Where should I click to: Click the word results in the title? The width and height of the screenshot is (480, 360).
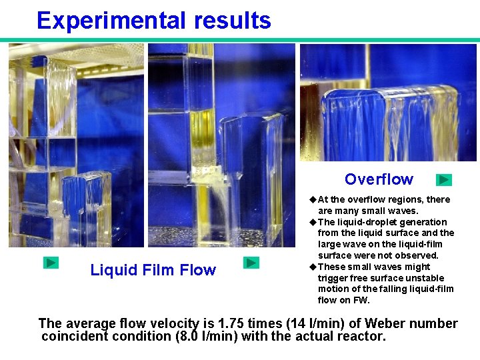pyautogui.click(x=233, y=21)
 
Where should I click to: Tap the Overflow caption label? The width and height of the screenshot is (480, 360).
pyautogui.click(x=379, y=179)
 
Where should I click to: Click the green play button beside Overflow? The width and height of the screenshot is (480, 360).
pyautogui.click(x=444, y=179)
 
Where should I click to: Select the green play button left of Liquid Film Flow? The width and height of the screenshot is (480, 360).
pyautogui.click(x=51, y=263)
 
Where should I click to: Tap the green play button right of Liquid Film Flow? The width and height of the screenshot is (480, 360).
pyautogui.click(x=251, y=263)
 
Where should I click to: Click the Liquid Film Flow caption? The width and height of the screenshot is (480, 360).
pyautogui.click(x=153, y=270)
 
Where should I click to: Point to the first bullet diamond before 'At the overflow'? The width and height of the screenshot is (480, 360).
pyautogui.click(x=313, y=199)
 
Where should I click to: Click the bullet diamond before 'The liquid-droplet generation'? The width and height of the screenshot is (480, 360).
pyautogui.click(x=313, y=222)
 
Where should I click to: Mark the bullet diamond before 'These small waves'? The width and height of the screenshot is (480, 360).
pyautogui.click(x=313, y=267)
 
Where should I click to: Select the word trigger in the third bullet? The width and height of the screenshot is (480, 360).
pyautogui.click(x=332, y=278)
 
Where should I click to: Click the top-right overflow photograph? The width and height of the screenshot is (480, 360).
pyautogui.click(x=388, y=103)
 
